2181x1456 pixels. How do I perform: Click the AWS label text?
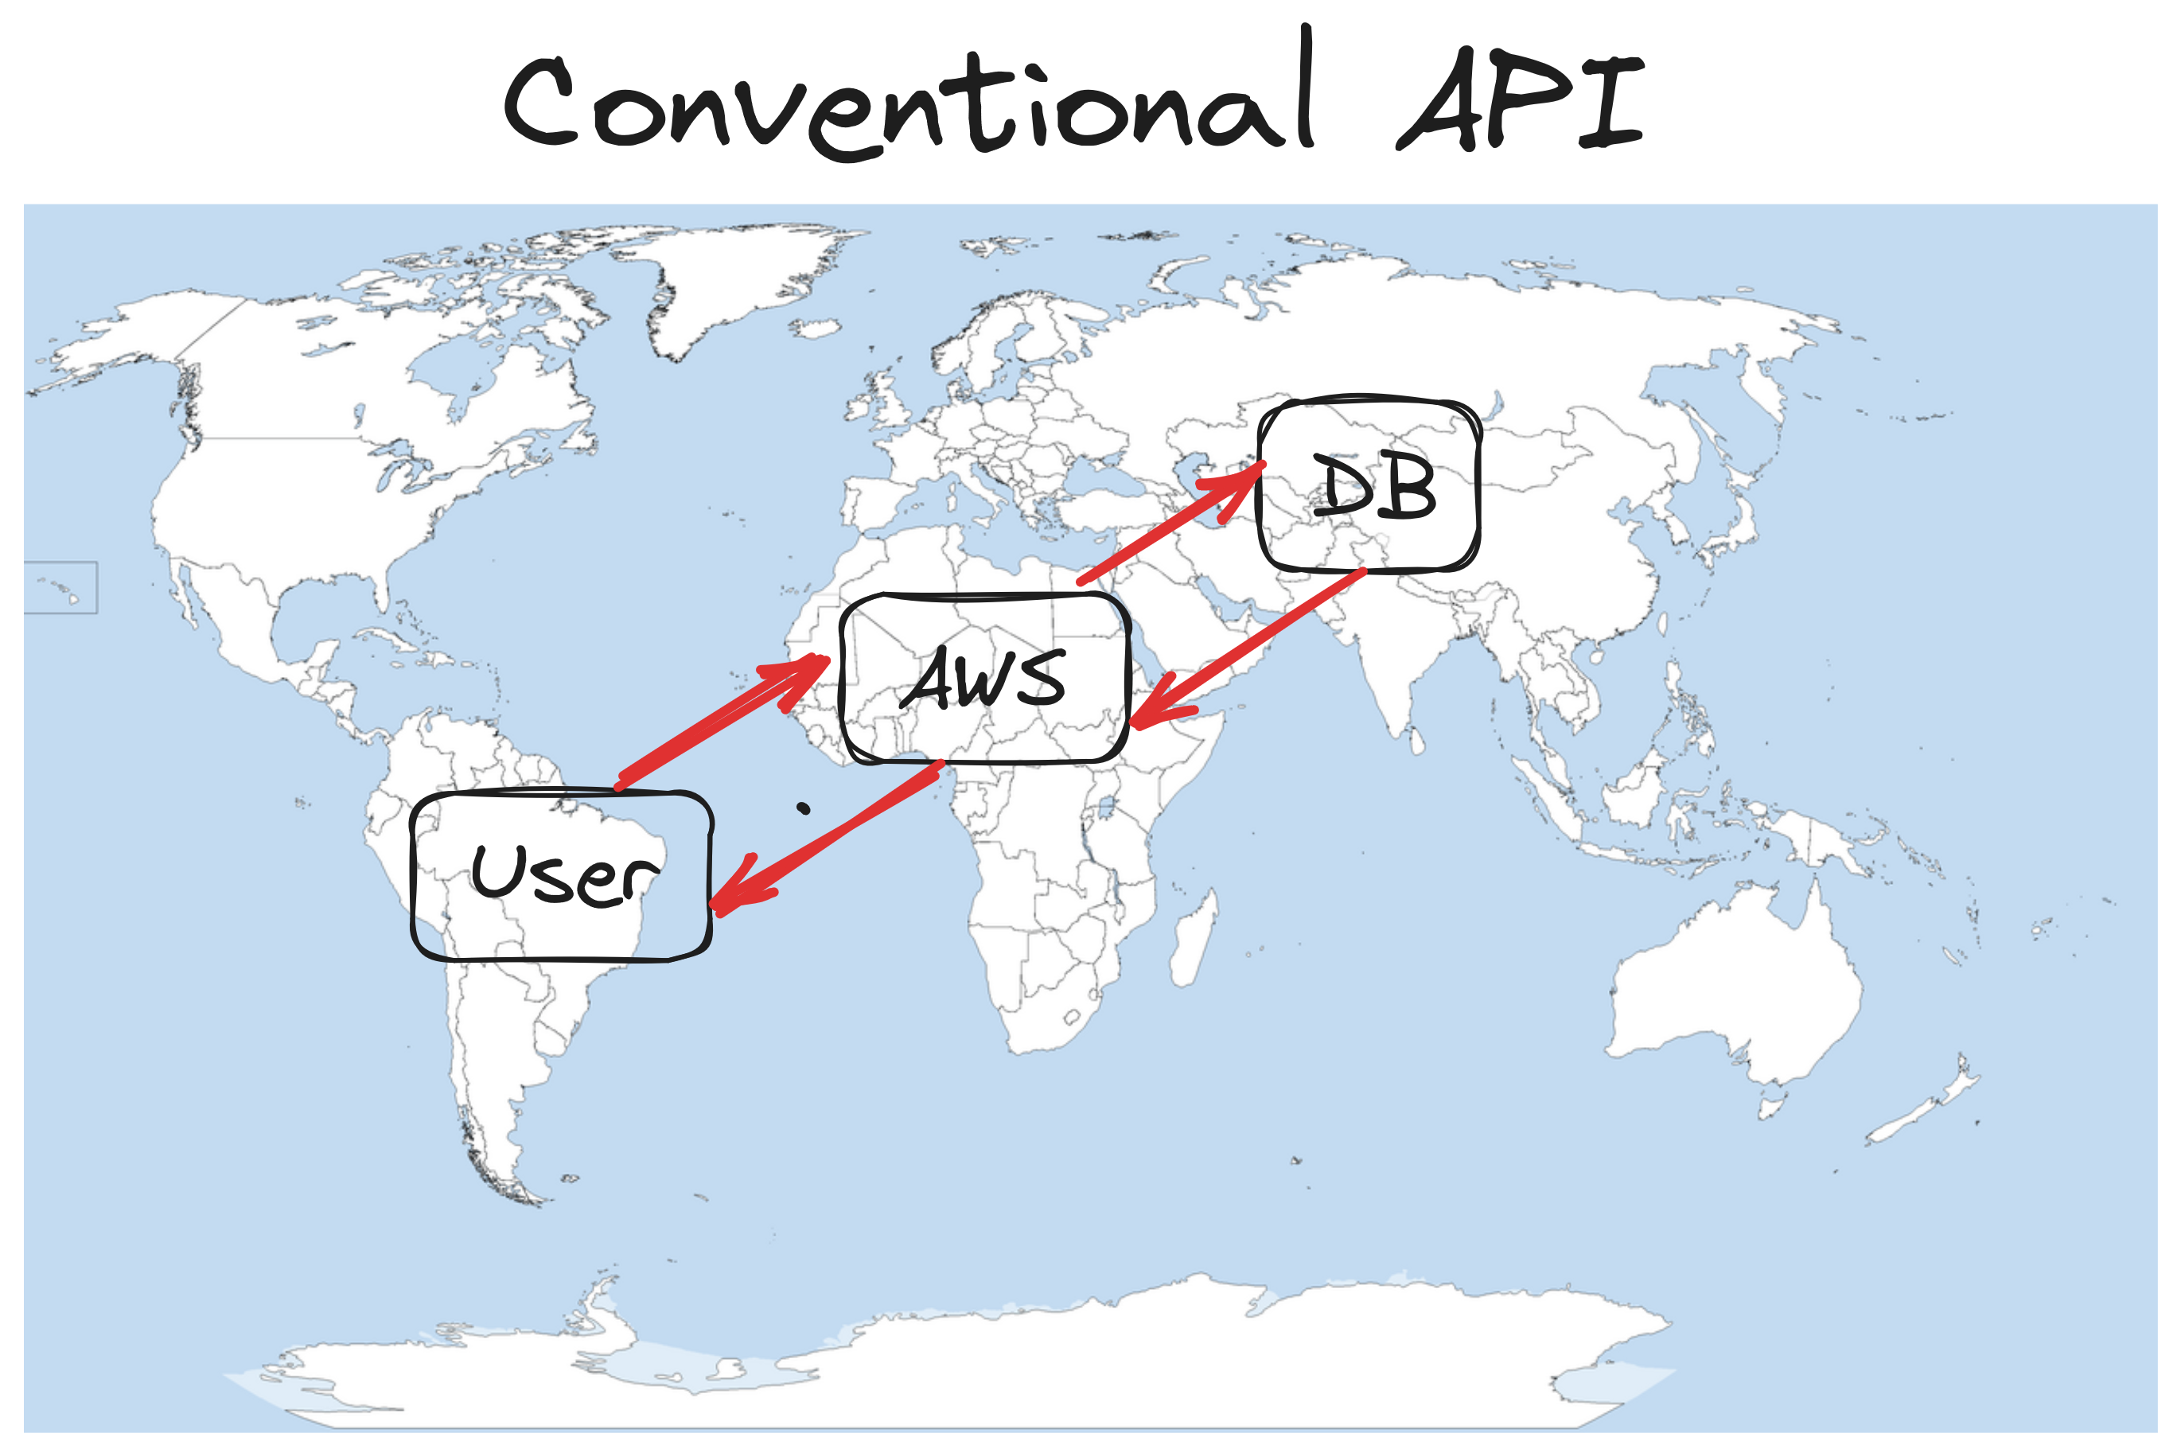point(984,679)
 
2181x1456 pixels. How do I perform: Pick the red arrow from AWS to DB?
point(1170,524)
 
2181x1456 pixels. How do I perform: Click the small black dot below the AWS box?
point(804,810)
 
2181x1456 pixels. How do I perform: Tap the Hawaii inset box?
point(60,587)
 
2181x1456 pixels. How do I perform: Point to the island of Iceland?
point(816,328)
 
